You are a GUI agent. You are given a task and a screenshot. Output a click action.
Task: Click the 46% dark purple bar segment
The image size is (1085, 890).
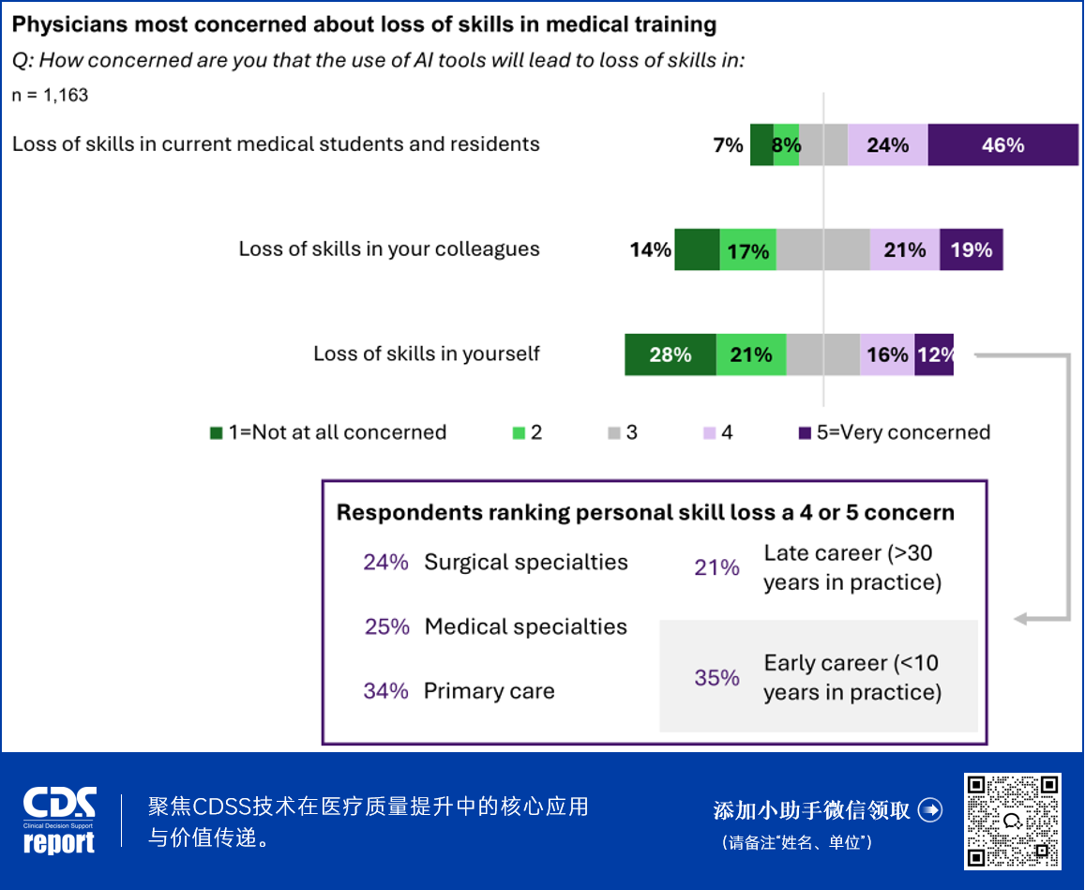click(1002, 145)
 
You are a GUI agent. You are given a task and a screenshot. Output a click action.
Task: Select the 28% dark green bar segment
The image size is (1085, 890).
click(670, 354)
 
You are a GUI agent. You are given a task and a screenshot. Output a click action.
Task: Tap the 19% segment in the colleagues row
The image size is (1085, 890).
click(971, 250)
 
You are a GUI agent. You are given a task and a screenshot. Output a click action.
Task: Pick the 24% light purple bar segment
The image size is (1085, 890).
click(887, 145)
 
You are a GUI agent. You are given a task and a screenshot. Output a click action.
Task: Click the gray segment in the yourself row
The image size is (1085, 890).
click(822, 354)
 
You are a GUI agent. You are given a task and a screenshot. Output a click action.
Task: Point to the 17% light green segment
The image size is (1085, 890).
click(747, 250)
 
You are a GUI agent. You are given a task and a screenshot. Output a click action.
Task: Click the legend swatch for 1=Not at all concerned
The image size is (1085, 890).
click(216, 433)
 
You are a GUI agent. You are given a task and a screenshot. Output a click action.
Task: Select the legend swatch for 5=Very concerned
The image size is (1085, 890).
click(804, 433)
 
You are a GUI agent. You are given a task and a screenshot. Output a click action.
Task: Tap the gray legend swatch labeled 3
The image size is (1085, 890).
click(613, 433)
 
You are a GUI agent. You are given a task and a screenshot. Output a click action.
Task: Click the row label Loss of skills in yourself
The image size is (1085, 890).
click(427, 354)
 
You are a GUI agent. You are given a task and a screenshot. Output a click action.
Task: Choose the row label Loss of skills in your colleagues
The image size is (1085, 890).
click(389, 249)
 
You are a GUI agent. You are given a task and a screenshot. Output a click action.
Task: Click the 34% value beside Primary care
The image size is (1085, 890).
click(385, 691)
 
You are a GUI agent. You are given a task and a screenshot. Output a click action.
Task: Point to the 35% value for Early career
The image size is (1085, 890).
click(716, 677)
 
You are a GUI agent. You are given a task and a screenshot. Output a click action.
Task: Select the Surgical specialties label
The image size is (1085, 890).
click(526, 562)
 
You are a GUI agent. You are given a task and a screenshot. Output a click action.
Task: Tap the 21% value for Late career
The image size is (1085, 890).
click(716, 567)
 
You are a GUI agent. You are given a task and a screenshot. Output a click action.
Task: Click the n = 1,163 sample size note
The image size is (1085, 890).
click(50, 95)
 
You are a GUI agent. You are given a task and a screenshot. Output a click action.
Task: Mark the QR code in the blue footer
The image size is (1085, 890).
click(1013, 821)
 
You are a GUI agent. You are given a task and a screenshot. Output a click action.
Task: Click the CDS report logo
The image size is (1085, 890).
click(59, 821)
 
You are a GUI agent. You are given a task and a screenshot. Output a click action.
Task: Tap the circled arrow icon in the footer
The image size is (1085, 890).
click(929, 810)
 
